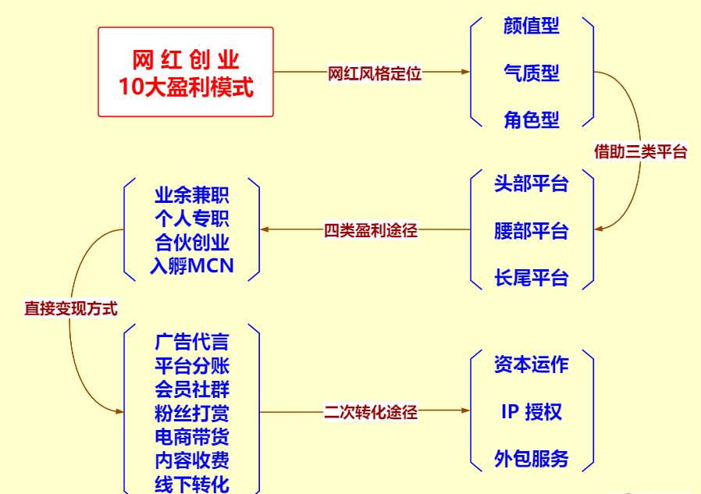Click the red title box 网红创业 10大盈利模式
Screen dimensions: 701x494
pyautogui.click(x=186, y=72)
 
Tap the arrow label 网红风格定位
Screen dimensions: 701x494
pyautogui.click(x=375, y=74)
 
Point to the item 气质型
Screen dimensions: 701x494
pyautogui.click(x=532, y=74)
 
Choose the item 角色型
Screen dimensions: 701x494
pyautogui.click(x=532, y=120)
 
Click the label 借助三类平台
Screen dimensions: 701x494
pyautogui.click(x=640, y=152)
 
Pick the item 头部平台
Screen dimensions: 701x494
pyautogui.click(x=532, y=184)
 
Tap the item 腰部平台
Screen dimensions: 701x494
pyautogui.click(x=532, y=231)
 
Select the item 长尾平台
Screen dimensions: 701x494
pyautogui.click(x=532, y=278)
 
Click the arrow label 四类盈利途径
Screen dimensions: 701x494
pyautogui.click(x=371, y=231)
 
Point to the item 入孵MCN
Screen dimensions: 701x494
pyautogui.click(x=192, y=267)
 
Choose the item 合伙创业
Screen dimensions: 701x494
pyautogui.click(x=192, y=243)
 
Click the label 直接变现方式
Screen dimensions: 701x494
pyautogui.click(x=70, y=309)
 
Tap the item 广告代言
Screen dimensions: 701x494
pyautogui.click(x=192, y=342)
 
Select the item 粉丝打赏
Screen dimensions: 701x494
pyautogui.click(x=192, y=413)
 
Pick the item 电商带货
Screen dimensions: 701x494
pyautogui.click(x=192, y=437)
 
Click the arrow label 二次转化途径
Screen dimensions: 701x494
pyautogui.click(x=371, y=412)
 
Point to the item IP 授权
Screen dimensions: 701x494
pyautogui.click(x=532, y=412)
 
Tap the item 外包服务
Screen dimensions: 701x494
pyautogui.click(x=532, y=459)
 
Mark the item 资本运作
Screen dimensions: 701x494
pyautogui.click(x=532, y=364)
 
